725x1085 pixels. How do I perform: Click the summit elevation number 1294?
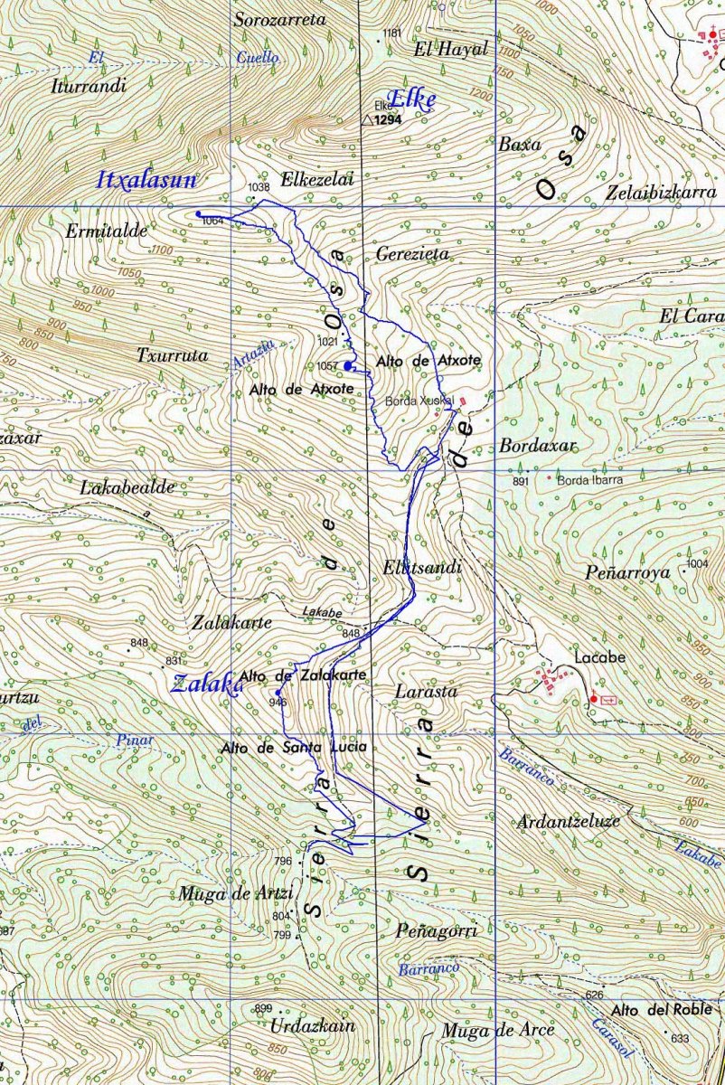coord(388,119)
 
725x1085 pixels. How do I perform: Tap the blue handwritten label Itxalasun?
coord(146,180)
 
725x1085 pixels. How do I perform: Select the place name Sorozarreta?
coord(279,19)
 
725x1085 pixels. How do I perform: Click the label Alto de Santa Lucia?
coord(294,747)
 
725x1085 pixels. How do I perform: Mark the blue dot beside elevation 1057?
coord(349,365)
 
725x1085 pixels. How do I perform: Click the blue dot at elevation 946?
coord(278,693)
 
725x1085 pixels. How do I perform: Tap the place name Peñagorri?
coord(436,930)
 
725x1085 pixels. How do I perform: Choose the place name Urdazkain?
coord(311,1026)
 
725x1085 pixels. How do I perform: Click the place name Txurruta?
coord(172,355)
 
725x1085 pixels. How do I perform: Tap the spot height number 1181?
coord(391,33)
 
